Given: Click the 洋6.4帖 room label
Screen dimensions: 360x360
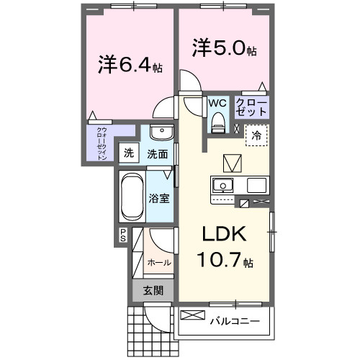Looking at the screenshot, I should pos(130,66).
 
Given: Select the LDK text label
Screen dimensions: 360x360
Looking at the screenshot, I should pos(223,235).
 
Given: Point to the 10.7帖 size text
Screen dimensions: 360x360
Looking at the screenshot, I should pos(224,260).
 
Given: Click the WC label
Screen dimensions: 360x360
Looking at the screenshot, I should pos(217,103).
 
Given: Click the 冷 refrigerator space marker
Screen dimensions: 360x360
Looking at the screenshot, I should pos(256,134).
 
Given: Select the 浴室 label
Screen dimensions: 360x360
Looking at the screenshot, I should pos(159,197).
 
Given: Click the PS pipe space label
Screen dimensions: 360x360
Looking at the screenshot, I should pos(123,234).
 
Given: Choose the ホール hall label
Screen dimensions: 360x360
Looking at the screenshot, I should pos(159,263).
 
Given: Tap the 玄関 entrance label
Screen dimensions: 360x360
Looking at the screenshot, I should pos(152,290).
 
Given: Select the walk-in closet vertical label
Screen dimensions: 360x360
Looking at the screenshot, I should pos(102,142).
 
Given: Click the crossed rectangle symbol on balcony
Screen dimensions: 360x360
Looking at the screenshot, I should pos(192,315).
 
